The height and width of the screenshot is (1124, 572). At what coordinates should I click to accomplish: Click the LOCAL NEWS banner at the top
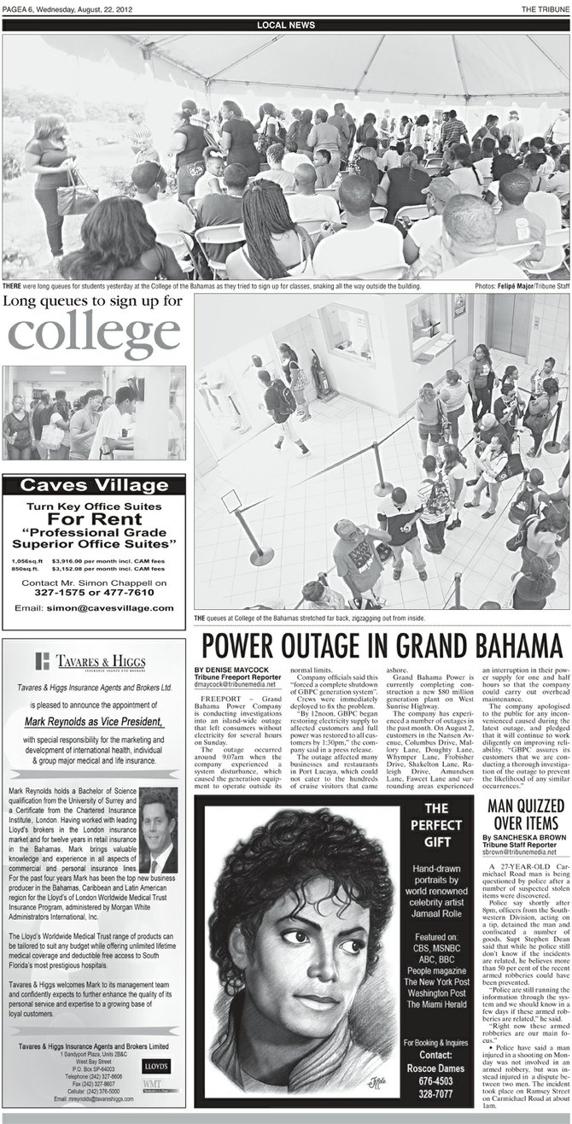pos(285,26)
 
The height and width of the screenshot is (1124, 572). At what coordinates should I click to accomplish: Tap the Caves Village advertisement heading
pos(93,486)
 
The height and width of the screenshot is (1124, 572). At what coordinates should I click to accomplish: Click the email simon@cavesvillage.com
pos(94,607)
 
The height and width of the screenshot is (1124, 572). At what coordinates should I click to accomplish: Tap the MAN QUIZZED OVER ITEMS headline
pos(524,815)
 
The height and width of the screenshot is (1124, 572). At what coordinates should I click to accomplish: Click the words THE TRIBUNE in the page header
pos(546,8)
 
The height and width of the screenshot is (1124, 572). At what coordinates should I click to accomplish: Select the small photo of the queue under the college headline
pos(93,413)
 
